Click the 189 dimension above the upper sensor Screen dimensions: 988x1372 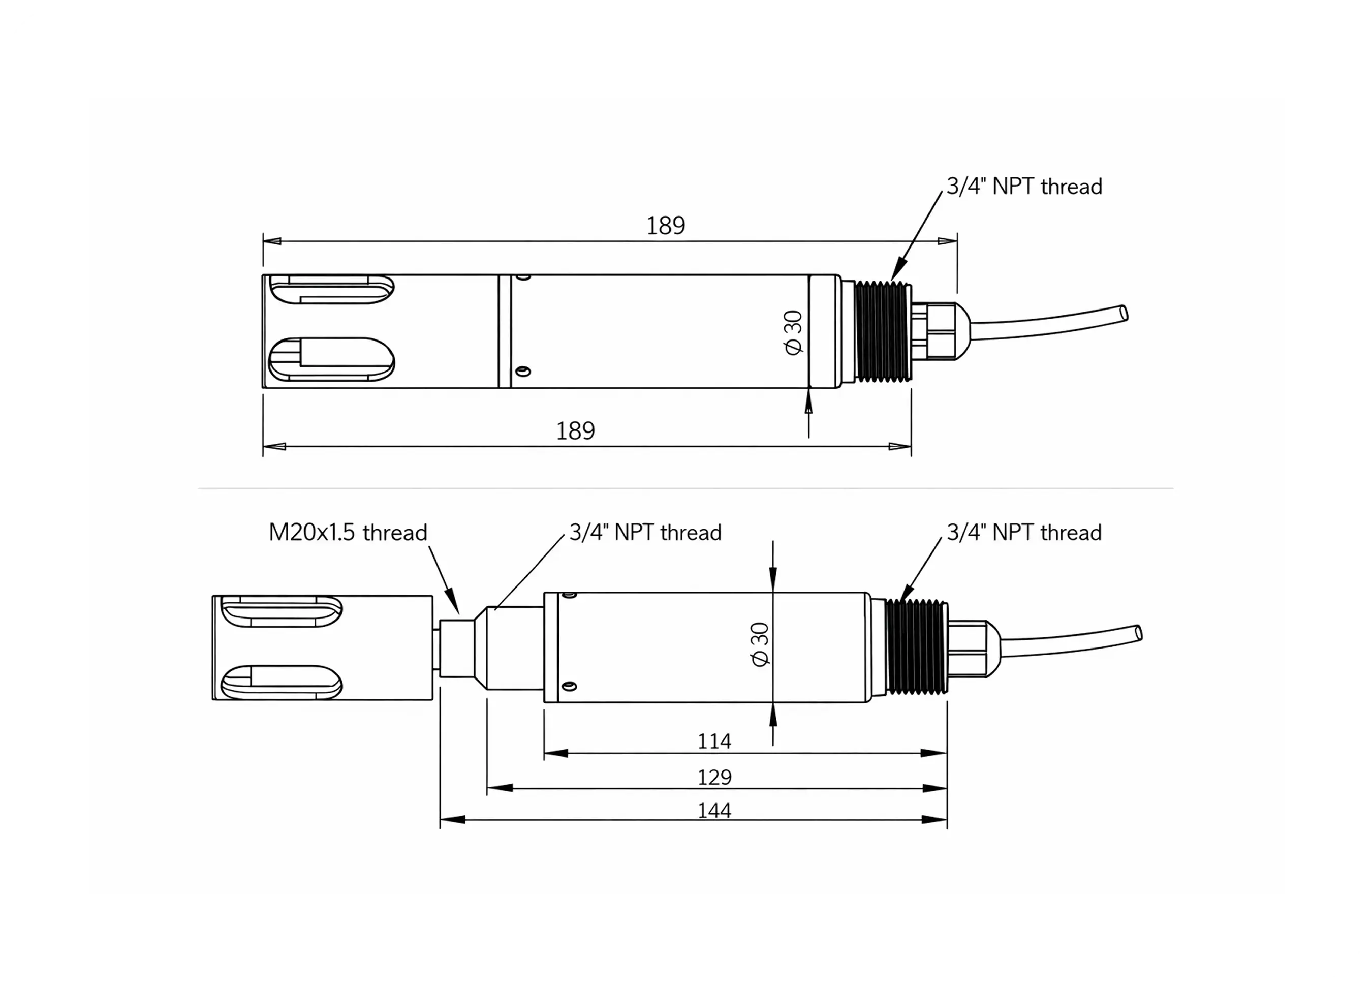[666, 226]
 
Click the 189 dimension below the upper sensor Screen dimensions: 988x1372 [575, 431]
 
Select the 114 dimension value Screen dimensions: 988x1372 [714, 741]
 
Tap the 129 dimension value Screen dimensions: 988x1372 [714, 777]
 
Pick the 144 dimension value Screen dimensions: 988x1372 [714, 810]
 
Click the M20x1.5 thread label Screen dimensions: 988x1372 [348, 533]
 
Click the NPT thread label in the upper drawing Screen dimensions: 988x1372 [1023, 187]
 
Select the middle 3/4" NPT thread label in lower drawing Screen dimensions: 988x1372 [645, 533]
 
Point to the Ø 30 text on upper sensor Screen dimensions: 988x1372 [793, 332]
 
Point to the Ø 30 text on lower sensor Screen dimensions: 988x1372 [760, 644]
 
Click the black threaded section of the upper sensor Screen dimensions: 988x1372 [883, 331]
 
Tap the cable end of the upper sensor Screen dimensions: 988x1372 [1123, 314]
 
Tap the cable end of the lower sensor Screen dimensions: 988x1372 [1138, 633]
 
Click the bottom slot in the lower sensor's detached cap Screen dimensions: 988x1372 [282, 682]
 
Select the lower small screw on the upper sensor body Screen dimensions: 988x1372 [524, 371]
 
